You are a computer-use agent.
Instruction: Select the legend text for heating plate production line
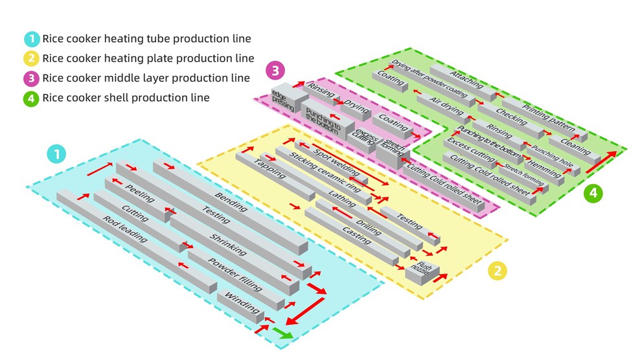(148, 58)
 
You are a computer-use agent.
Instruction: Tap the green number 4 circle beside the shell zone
(593, 192)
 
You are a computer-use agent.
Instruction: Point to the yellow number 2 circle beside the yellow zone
(496, 270)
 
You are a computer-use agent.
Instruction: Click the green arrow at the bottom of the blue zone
(282, 333)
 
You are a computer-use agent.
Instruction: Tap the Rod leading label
(125, 229)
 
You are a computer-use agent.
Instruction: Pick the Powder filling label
(234, 275)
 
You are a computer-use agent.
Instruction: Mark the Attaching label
(466, 80)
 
